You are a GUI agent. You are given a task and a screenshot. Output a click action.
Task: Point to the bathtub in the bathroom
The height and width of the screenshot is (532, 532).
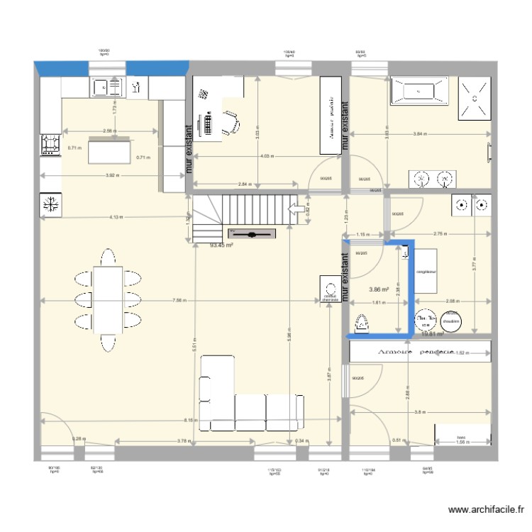tap(418, 91)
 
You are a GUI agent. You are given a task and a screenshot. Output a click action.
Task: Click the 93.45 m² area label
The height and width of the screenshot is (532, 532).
tap(222, 245)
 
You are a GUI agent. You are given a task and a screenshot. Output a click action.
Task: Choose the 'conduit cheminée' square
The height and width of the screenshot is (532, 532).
tap(328, 291)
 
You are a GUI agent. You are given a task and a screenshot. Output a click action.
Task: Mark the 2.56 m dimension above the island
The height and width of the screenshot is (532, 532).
tap(109, 131)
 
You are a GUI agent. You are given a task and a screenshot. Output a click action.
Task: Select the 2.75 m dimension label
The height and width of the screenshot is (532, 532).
tap(438, 234)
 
